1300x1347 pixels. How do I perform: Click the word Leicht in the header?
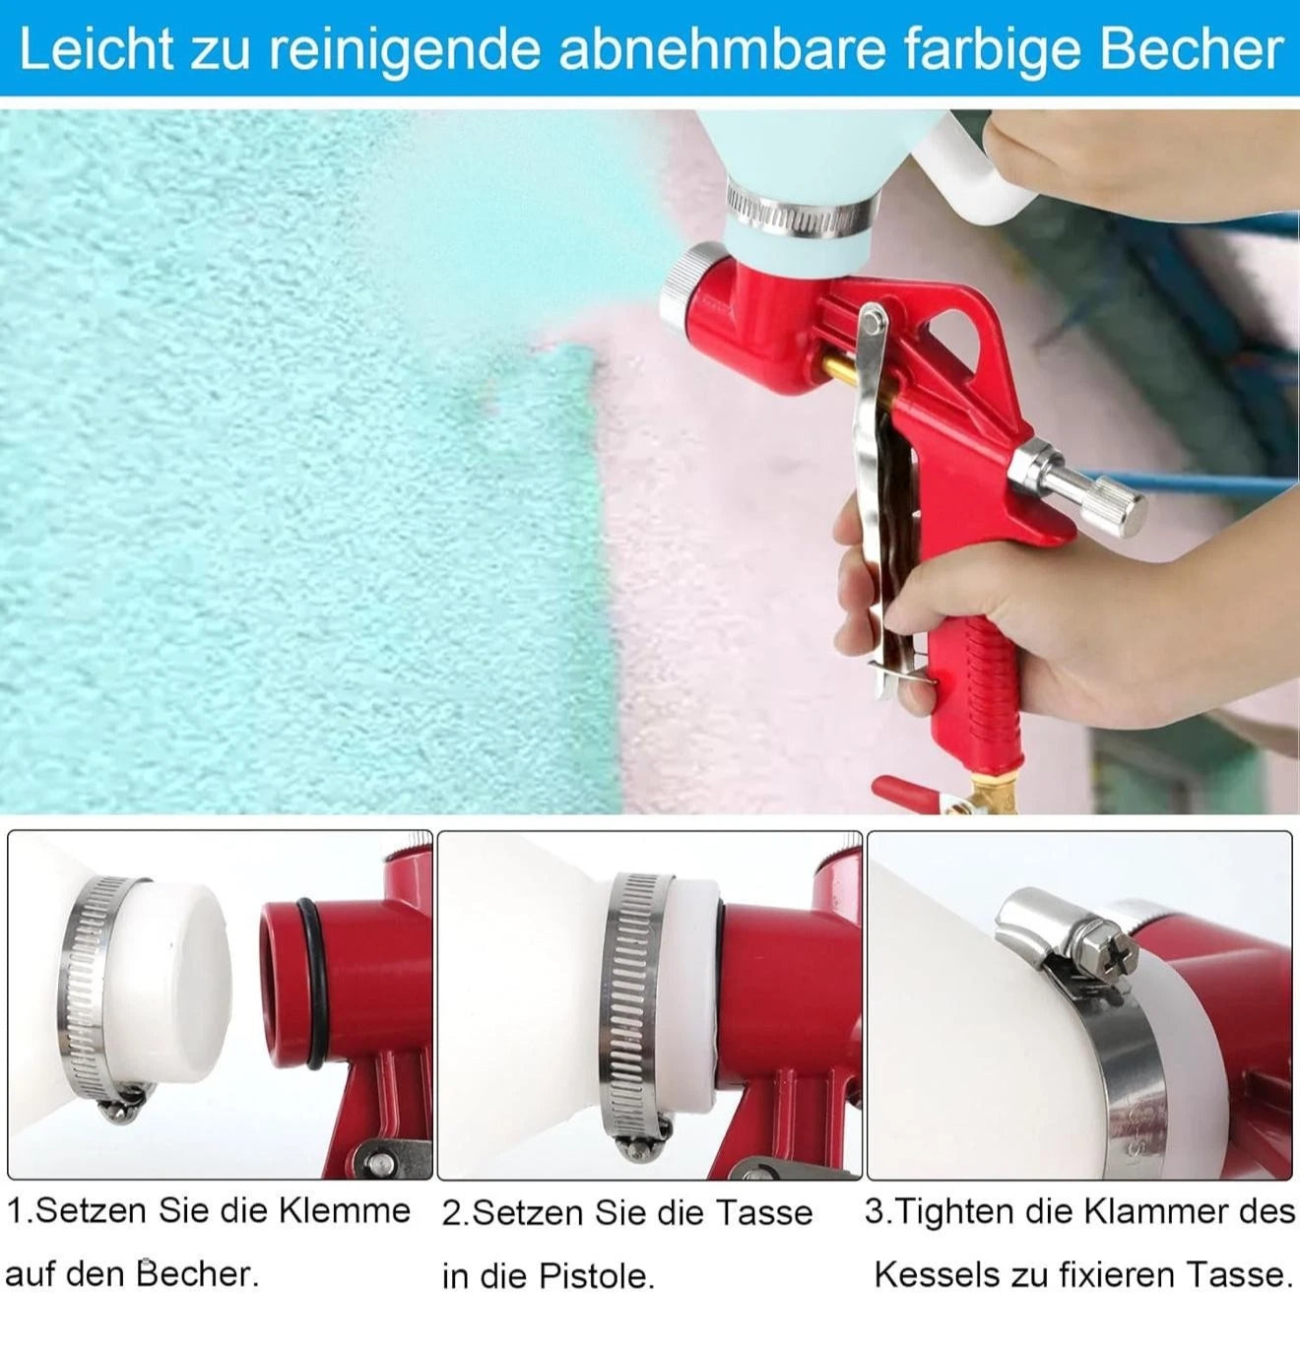tap(95, 49)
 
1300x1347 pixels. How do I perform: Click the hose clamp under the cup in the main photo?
tap(800, 218)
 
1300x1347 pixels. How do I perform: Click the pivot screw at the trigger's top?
tap(873, 319)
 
